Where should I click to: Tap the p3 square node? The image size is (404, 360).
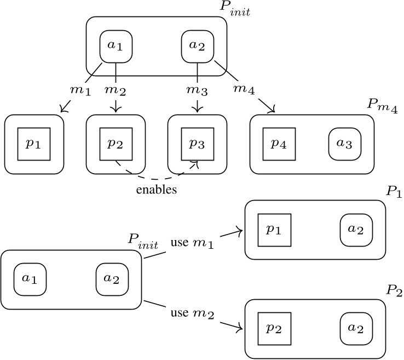click(197, 144)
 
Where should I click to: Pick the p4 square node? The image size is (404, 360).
click(279, 144)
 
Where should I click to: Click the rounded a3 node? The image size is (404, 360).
click(345, 144)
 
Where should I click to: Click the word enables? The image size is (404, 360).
click(156, 190)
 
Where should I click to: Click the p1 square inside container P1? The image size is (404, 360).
click(274, 230)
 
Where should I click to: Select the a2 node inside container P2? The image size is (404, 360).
click(356, 328)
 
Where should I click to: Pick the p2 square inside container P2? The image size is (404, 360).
click(274, 328)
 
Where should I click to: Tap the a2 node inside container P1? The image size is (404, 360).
click(356, 230)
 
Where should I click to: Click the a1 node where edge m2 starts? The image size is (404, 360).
click(116, 45)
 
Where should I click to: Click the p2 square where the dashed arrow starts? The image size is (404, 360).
click(116, 144)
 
